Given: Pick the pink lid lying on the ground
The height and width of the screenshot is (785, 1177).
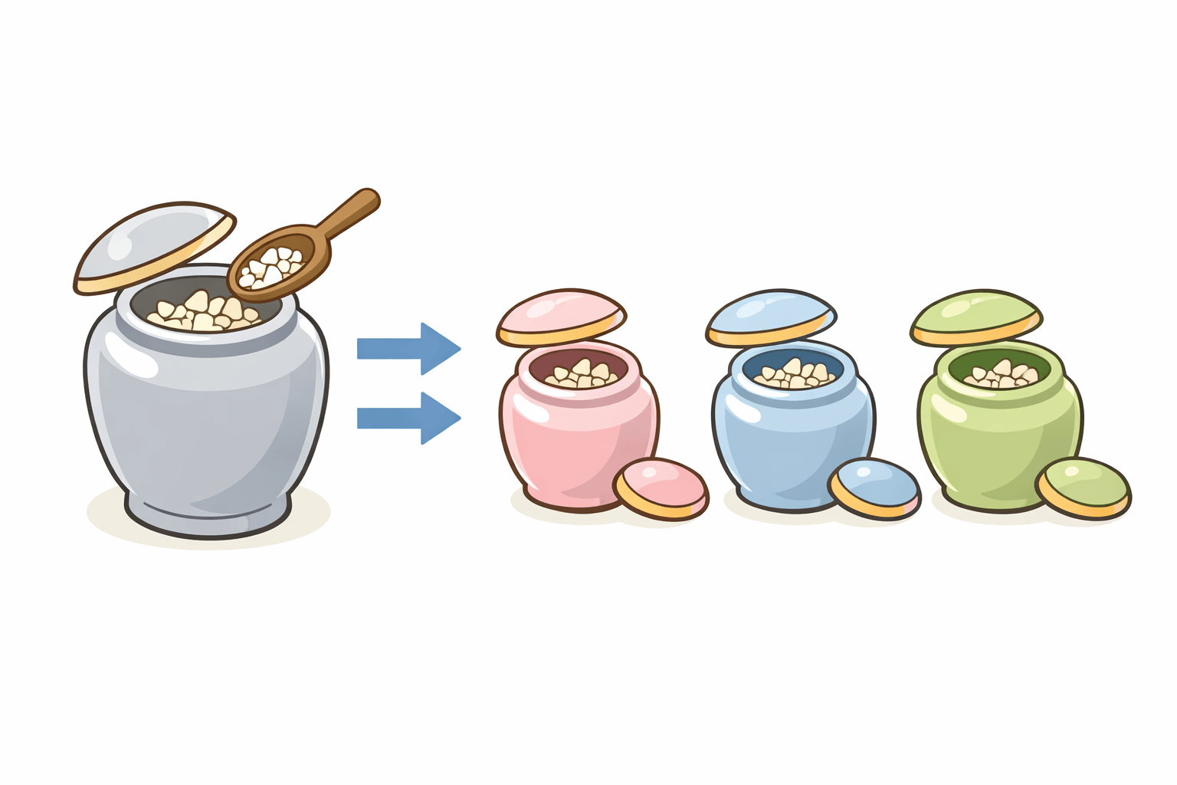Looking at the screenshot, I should pyautogui.click(x=661, y=488).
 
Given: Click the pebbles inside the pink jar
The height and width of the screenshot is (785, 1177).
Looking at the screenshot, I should pyautogui.click(x=582, y=374).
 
